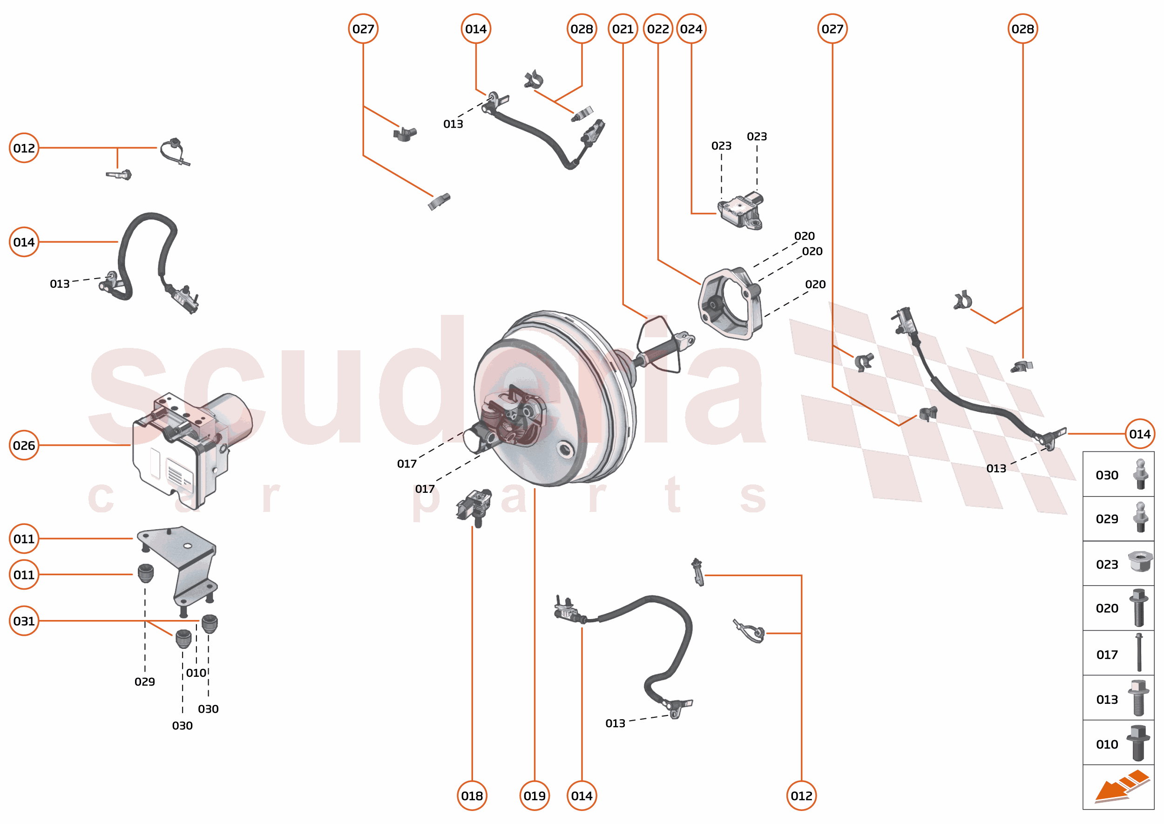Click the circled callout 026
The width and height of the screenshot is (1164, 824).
click(24, 445)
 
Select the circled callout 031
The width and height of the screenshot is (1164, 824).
click(24, 620)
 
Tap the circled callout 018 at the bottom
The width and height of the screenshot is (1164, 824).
click(472, 796)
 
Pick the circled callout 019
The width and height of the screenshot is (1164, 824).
click(534, 796)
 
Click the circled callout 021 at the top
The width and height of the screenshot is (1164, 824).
click(623, 29)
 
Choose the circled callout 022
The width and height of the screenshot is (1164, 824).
click(658, 29)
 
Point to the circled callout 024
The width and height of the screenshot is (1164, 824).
click(691, 29)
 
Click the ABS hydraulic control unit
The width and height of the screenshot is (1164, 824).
click(188, 447)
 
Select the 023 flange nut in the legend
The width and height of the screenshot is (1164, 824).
click(1140, 562)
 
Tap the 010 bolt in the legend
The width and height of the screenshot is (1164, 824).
click(1137, 743)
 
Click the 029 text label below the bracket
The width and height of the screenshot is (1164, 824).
click(144, 681)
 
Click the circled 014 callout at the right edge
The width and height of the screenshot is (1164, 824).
click(1139, 434)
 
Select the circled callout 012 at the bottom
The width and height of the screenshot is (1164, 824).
click(801, 796)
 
